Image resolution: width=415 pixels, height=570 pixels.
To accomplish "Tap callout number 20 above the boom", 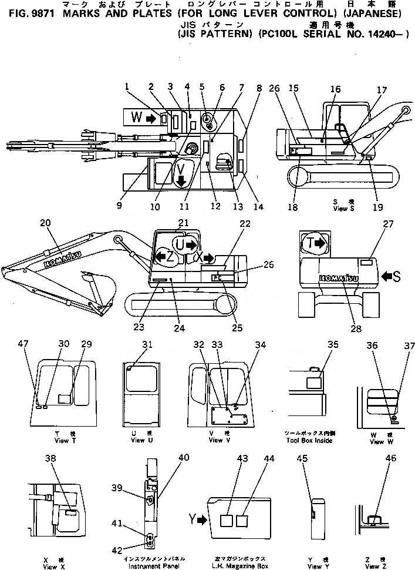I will [x=45, y=223].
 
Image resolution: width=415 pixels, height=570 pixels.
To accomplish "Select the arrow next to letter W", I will [x=151, y=119].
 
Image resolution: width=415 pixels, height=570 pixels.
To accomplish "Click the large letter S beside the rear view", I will [x=397, y=275].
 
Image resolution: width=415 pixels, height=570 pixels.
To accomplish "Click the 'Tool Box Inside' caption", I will [x=309, y=441].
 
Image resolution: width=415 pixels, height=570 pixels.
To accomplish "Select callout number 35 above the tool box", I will [x=333, y=345].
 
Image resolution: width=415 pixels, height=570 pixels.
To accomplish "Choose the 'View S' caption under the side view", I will [x=340, y=208].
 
